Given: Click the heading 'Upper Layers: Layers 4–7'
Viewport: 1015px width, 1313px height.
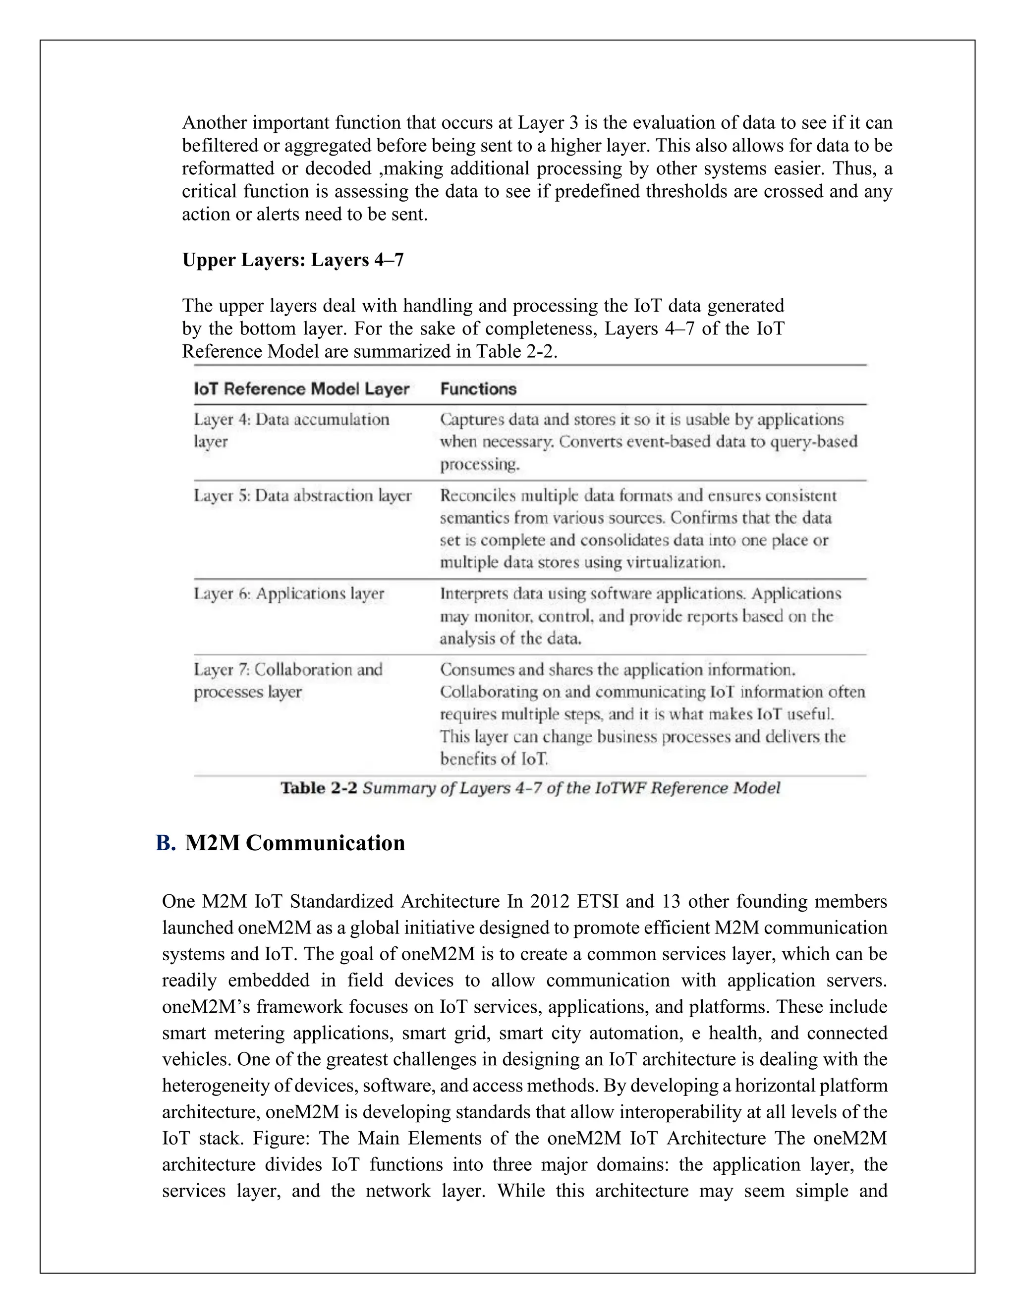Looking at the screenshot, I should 293,260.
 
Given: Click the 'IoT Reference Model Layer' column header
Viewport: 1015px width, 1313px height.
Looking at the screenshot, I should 301,389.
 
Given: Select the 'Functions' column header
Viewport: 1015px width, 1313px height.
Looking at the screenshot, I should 478,389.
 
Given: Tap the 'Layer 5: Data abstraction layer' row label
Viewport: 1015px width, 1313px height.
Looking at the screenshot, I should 302,495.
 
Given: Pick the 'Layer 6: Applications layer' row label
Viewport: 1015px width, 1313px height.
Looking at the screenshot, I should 288,594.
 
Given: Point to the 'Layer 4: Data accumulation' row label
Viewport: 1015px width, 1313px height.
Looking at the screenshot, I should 291,419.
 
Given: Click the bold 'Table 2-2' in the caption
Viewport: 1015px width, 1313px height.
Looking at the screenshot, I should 319,788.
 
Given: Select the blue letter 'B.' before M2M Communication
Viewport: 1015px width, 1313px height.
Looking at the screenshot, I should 165,843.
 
